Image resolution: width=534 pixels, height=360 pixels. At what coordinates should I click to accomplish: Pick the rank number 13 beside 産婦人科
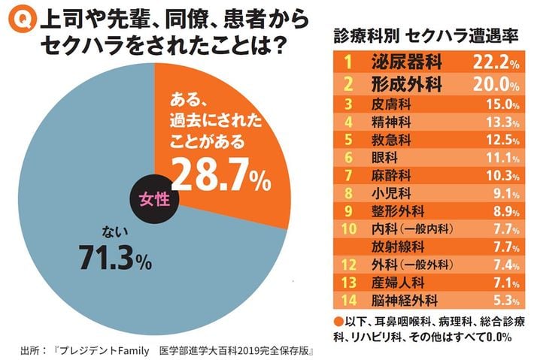tap(348, 282)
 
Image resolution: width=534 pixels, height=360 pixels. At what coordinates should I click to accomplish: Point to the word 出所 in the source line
tap(30, 351)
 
